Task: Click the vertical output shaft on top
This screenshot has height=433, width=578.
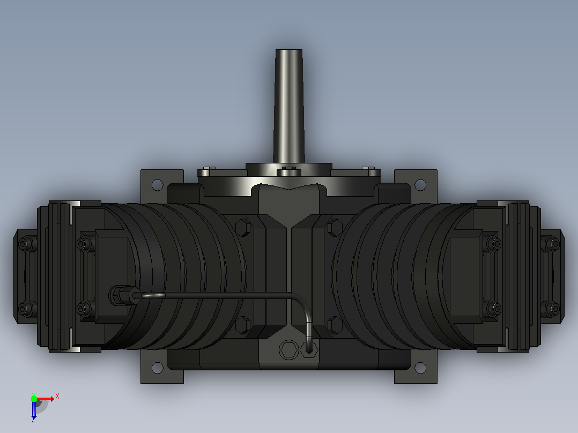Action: [289, 106]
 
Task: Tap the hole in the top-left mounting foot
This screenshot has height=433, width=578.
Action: [158, 185]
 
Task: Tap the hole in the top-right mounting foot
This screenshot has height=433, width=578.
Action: [420, 185]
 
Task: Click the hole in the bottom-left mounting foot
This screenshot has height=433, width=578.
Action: [158, 368]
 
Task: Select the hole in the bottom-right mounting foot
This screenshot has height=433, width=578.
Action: [420, 368]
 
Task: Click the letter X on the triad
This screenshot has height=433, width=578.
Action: [57, 397]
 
